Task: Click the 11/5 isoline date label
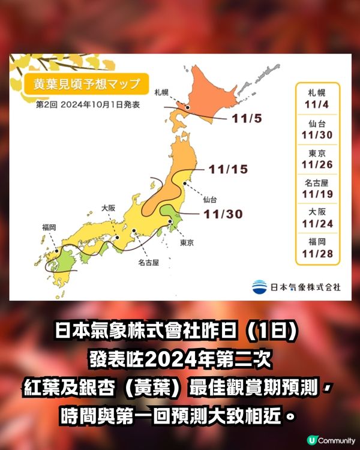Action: click(246, 118)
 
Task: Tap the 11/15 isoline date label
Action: click(228, 170)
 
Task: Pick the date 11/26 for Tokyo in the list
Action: click(317, 164)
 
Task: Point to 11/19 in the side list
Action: click(317, 194)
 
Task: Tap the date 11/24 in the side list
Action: click(317, 224)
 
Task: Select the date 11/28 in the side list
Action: click(317, 255)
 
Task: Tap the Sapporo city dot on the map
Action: click(188, 108)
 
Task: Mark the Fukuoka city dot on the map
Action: click(57, 251)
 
